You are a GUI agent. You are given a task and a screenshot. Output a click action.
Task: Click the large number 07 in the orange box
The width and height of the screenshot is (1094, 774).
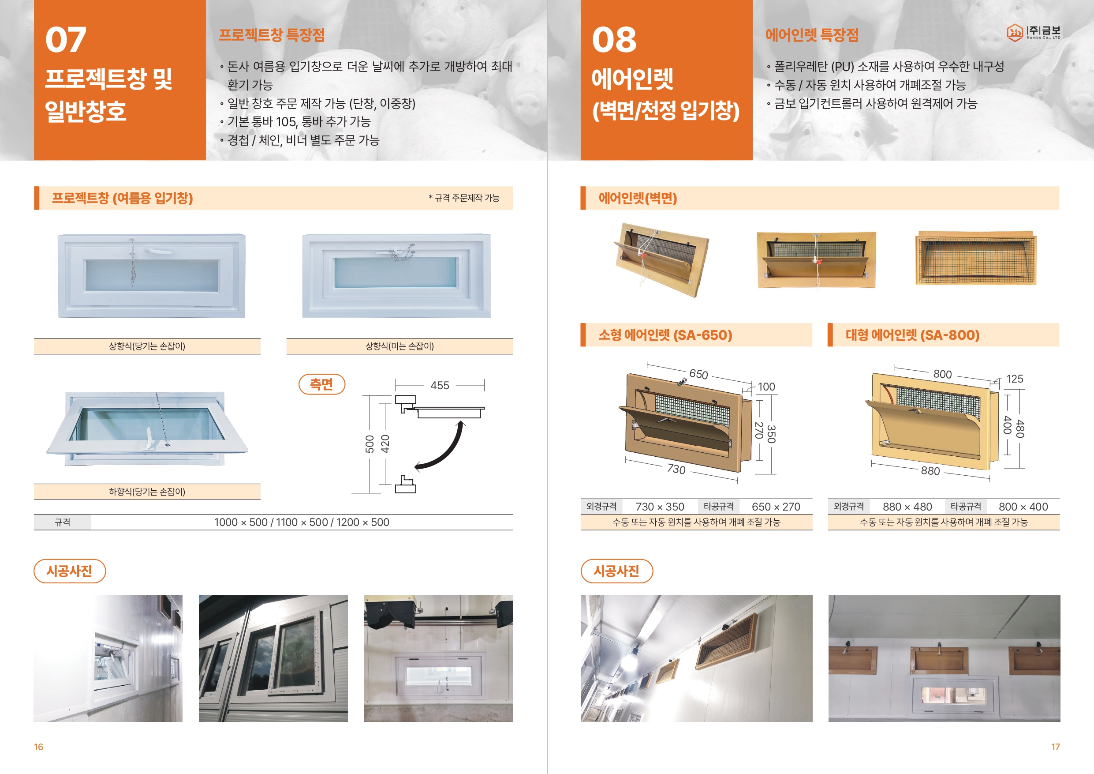point(66,40)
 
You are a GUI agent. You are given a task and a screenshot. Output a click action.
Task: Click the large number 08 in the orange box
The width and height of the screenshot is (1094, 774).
point(614,40)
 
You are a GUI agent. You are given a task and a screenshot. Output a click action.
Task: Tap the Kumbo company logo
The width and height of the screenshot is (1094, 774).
point(1034,32)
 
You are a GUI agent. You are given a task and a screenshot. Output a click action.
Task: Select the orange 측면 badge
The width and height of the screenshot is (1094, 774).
point(321,384)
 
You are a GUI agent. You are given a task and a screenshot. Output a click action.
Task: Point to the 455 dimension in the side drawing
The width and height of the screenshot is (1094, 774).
point(440,385)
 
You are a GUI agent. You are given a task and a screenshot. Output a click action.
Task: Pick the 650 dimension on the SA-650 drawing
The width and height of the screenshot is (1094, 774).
point(698,374)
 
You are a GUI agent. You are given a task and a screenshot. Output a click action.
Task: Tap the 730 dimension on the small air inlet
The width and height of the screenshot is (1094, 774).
point(676,469)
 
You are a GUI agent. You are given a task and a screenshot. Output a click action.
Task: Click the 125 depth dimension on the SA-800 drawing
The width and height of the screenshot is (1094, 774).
point(1015,379)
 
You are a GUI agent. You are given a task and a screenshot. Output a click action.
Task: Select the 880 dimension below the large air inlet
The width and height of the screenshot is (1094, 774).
point(930,471)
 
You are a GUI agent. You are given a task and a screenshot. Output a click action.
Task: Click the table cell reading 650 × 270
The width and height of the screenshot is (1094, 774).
point(776,507)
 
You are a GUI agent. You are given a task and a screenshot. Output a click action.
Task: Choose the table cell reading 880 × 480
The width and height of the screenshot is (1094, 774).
point(907,507)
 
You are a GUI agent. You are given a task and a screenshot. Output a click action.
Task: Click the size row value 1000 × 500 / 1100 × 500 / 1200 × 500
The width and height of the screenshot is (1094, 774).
point(302,522)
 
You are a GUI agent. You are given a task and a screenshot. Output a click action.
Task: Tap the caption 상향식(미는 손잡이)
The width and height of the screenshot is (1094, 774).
point(400,346)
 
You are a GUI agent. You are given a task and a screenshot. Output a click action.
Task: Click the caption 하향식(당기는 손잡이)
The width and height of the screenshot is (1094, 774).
point(147,492)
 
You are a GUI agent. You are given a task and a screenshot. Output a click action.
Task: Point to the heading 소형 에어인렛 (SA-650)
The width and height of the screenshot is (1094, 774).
point(665,335)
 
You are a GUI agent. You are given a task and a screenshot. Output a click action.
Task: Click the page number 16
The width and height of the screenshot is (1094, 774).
point(39,747)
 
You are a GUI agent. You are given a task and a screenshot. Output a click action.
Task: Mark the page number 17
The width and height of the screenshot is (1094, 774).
point(1055,747)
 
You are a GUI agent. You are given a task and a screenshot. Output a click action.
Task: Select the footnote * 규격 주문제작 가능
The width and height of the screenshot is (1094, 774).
point(463,198)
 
